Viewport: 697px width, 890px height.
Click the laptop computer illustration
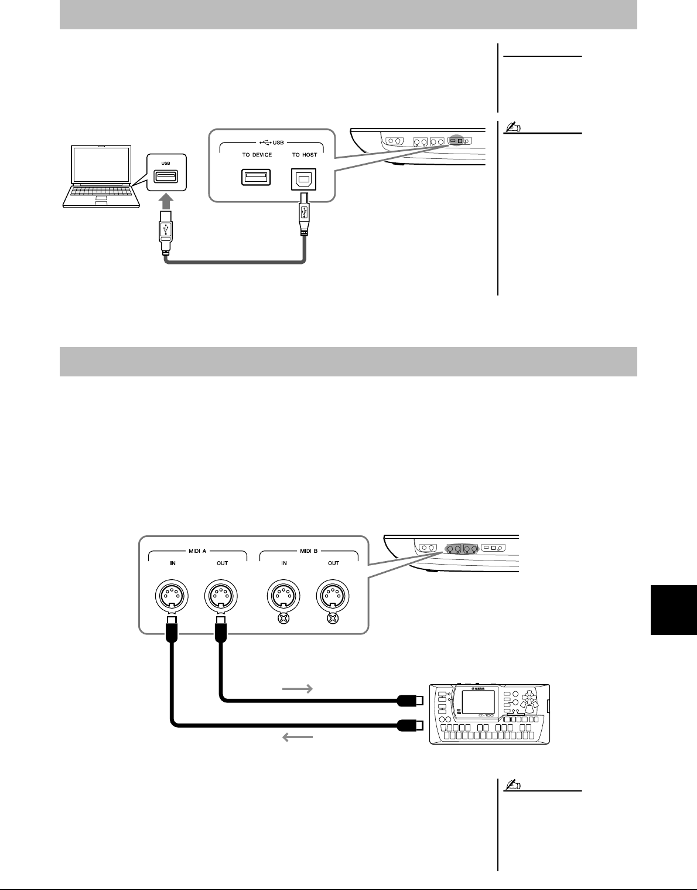click(x=101, y=176)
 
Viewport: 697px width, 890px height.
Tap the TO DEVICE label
click(x=257, y=155)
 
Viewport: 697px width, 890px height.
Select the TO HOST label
click(x=305, y=155)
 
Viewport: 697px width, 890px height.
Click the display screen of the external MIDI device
click(x=478, y=702)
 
